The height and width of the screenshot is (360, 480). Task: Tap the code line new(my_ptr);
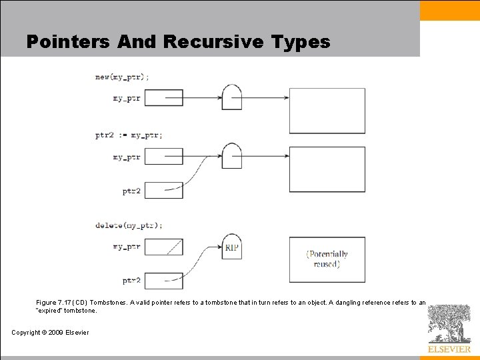(x=122, y=77)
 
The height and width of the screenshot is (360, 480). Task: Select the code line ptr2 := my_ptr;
(x=129, y=135)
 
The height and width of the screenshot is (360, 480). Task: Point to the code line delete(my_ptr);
(x=129, y=225)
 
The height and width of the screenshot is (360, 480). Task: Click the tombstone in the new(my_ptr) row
(x=231, y=97)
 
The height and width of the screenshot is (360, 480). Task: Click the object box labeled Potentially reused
(x=327, y=259)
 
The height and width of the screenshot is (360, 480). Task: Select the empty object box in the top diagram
(x=327, y=111)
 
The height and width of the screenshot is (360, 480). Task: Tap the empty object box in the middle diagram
(x=327, y=169)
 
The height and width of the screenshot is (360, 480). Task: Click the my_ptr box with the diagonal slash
(x=163, y=247)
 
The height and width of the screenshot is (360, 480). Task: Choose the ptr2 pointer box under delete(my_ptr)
(x=163, y=280)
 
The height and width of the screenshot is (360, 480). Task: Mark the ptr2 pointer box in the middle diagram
(x=163, y=190)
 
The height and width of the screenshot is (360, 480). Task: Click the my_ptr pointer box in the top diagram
(x=163, y=98)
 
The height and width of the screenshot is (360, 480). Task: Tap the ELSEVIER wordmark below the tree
(x=449, y=349)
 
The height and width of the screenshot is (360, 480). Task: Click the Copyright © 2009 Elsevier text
(x=50, y=332)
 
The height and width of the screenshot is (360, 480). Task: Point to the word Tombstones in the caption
(x=107, y=302)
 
